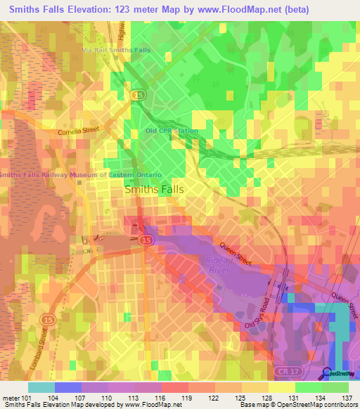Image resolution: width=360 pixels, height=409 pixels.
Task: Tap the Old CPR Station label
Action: coord(172,131)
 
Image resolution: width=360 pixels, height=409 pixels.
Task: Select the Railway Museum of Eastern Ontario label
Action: coord(82,174)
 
